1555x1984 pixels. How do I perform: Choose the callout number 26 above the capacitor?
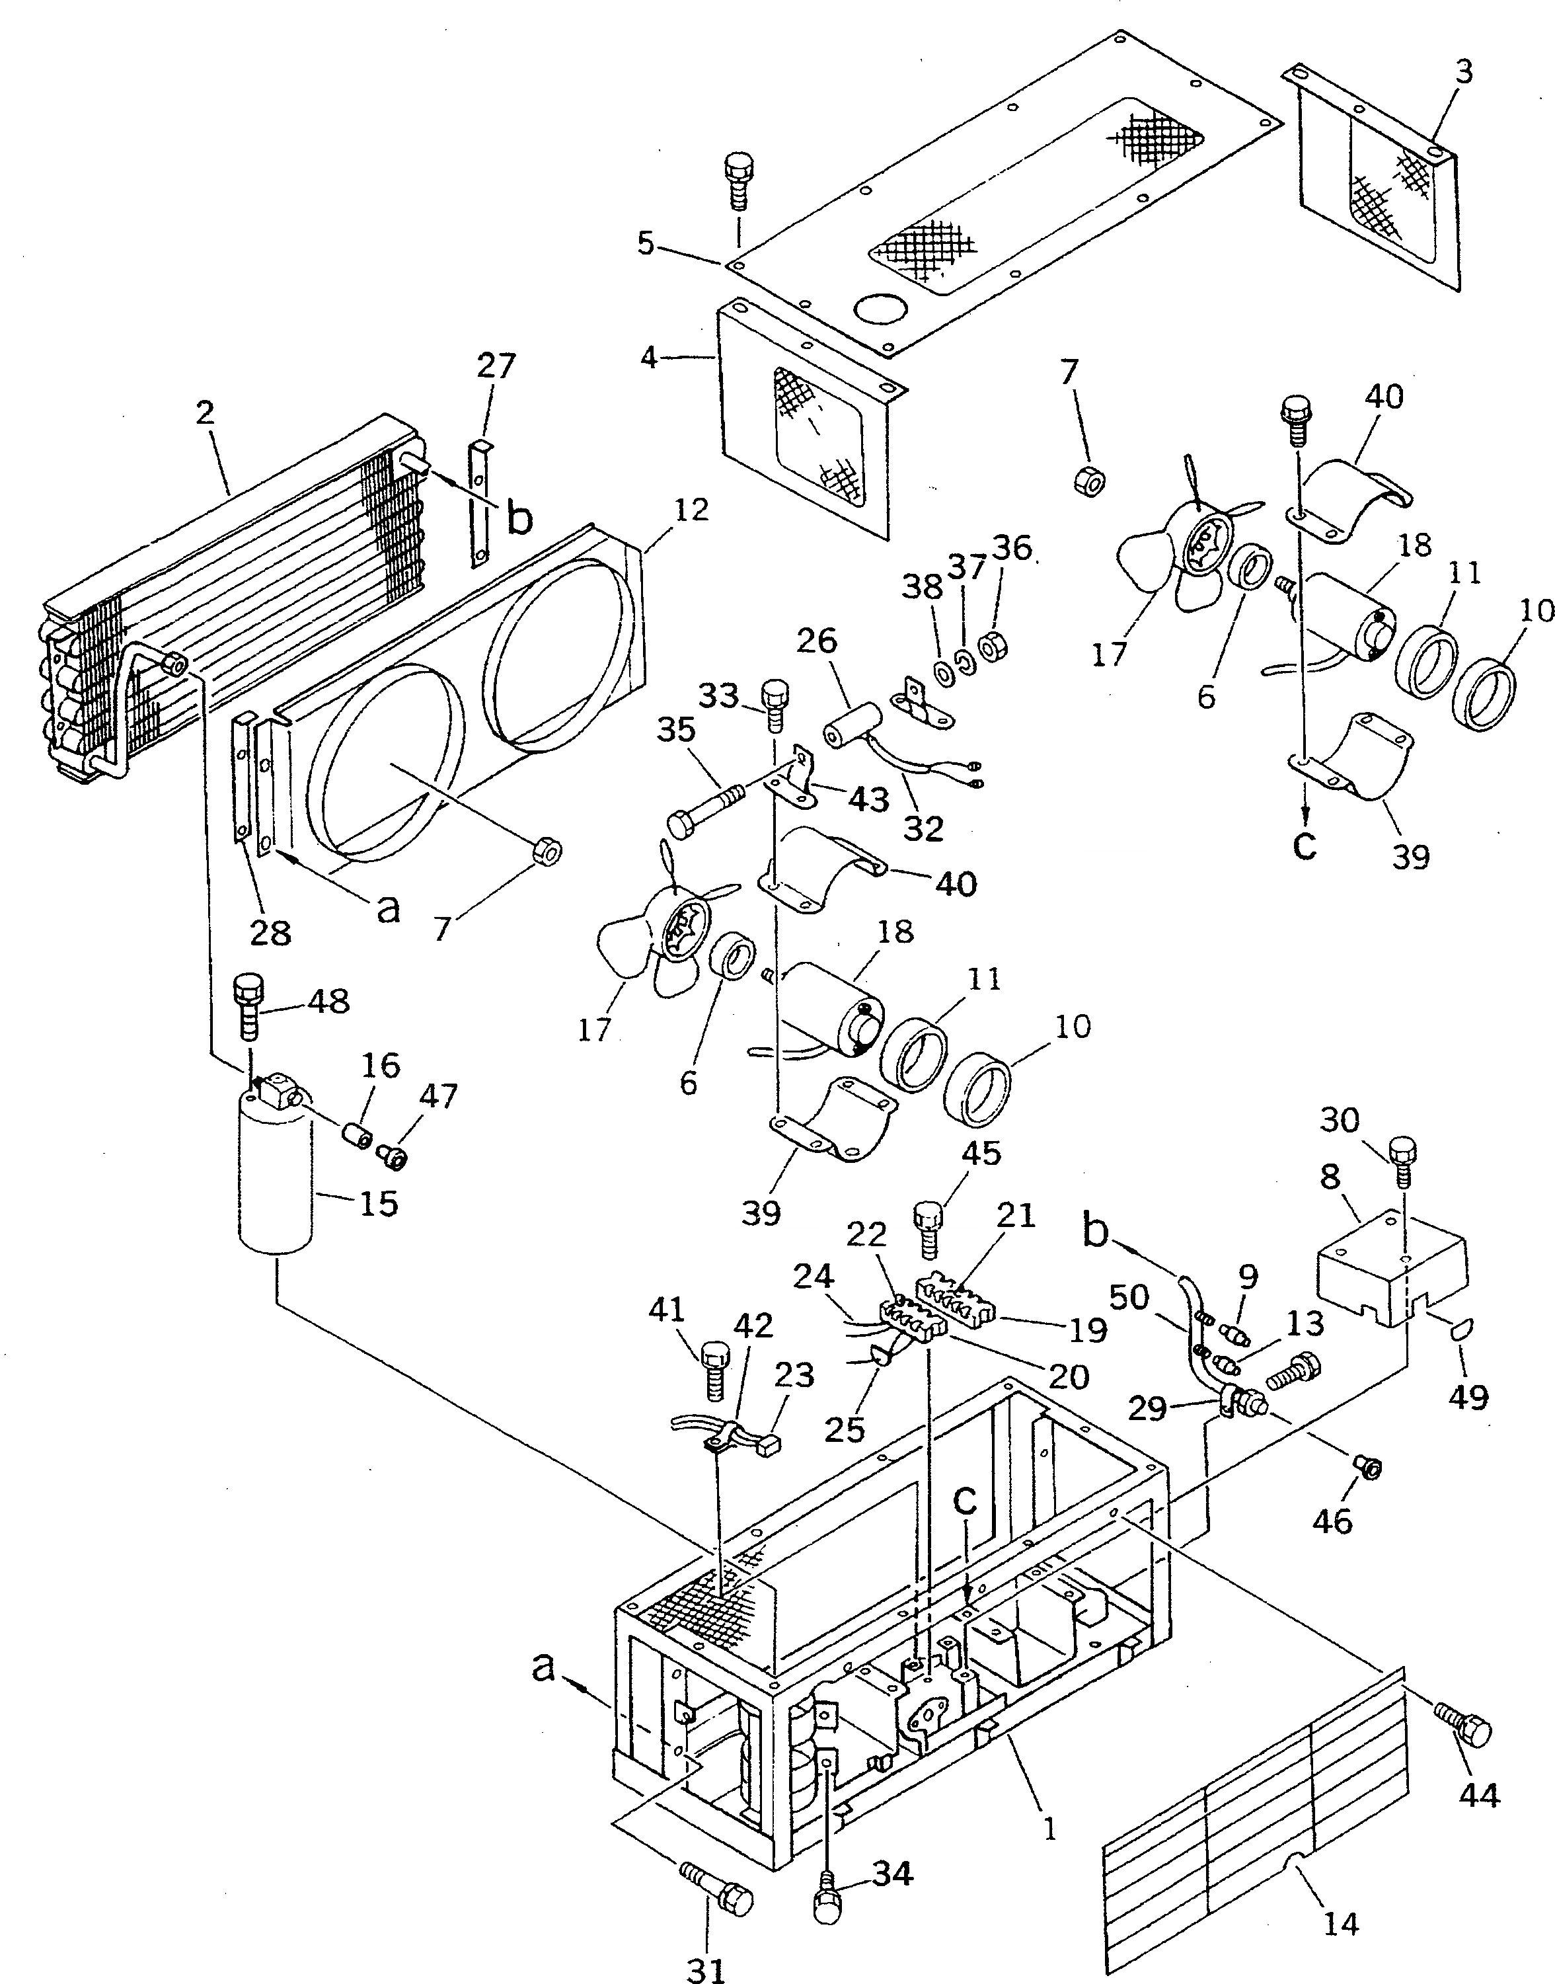[817, 641]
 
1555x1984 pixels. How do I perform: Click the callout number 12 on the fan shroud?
[692, 510]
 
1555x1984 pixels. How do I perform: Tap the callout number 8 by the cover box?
[1330, 1177]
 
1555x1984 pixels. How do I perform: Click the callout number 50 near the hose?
[1129, 1298]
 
